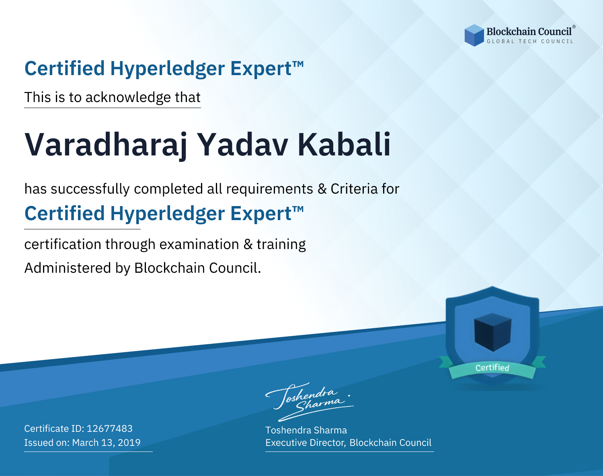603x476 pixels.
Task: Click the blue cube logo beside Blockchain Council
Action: (x=474, y=35)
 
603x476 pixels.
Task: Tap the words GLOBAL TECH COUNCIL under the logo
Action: (x=530, y=41)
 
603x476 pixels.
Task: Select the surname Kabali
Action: (x=344, y=145)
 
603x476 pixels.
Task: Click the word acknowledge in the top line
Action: (x=128, y=98)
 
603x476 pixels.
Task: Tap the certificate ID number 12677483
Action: (x=110, y=428)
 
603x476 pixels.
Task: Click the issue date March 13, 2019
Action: (x=106, y=442)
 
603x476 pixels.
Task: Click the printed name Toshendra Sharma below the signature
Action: (x=306, y=430)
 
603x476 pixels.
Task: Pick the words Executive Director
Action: (x=305, y=443)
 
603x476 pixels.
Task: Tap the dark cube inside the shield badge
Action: (x=492, y=332)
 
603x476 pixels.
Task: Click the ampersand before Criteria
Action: (x=322, y=189)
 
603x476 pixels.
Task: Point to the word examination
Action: (x=199, y=244)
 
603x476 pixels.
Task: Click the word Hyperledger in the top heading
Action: (x=167, y=69)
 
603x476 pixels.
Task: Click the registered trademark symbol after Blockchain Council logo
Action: (x=574, y=27)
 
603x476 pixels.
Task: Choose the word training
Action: (x=281, y=245)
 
